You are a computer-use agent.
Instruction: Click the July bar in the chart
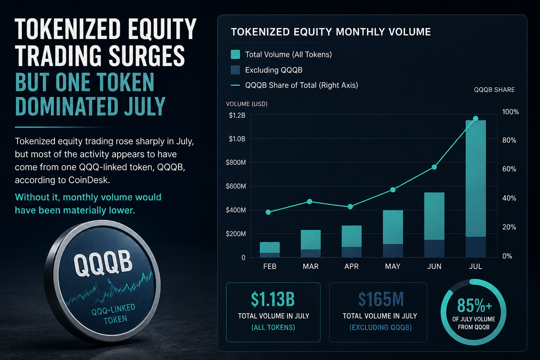click(475, 188)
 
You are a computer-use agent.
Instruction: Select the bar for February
click(270, 250)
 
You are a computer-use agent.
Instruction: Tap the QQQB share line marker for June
click(434, 167)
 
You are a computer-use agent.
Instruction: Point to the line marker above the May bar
click(393, 190)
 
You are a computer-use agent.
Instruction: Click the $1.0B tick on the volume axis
click(237, 139)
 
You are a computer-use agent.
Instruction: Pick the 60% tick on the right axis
click(509, 169)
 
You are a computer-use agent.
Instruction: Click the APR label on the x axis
click(352, 266)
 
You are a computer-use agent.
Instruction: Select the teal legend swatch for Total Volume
click(235, 54)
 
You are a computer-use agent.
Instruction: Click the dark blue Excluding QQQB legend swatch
click(235, 70)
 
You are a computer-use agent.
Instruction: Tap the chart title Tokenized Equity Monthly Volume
click(331, 32)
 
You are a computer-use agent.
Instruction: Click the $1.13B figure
click(273, 299)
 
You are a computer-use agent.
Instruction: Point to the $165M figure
click(381, 299)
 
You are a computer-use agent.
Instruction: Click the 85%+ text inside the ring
click(474, 305)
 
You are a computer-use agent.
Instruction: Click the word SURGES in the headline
click(147, 56)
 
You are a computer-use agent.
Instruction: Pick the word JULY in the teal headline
click(145, 106)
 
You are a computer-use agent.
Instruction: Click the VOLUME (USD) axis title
click(246, 104)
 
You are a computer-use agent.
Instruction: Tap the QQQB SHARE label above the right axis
click(494, 90)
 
